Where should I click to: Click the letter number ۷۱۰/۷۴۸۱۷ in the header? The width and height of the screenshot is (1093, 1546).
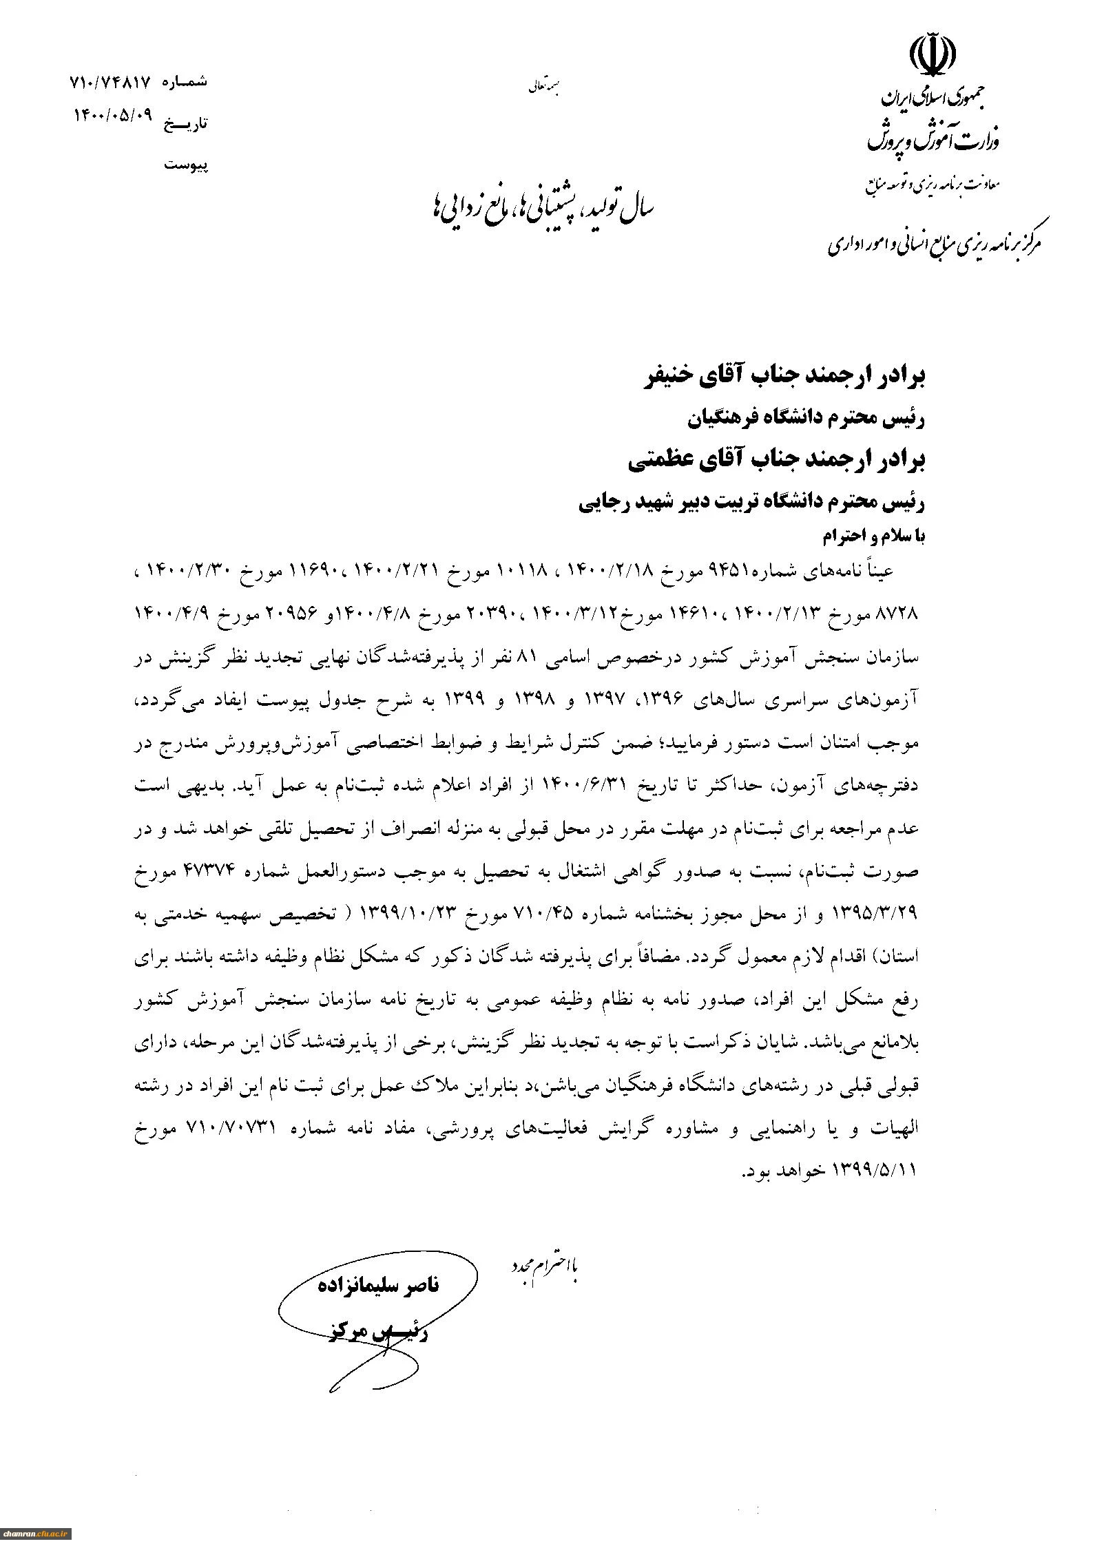[110, 82]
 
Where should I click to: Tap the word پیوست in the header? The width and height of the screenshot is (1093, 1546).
[185, 165]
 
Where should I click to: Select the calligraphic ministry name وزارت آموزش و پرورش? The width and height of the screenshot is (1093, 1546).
[933, 140]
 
